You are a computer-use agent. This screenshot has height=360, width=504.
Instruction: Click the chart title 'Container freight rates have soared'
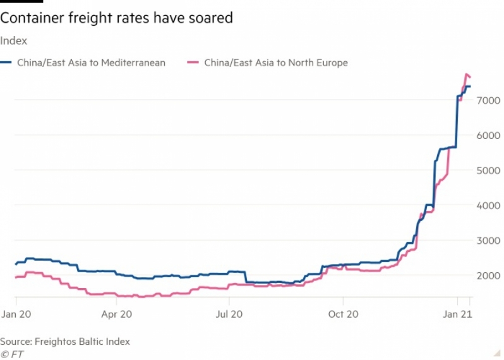coord(117,18)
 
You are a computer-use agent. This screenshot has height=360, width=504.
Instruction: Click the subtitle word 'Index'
coord(13,41)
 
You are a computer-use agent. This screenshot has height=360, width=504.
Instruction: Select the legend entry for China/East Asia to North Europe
coord(276,63)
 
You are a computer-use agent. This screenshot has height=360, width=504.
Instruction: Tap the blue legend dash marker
coord(6,63)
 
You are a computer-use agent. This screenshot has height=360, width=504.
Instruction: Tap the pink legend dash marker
coord(193,63)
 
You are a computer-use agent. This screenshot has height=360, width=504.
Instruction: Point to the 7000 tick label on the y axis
coord(489,100)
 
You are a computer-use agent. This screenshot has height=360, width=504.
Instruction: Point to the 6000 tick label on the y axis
coord(489,135)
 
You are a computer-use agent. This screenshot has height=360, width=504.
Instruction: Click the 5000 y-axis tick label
coord(489,170)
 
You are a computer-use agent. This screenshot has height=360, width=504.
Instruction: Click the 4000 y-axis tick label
coord(489,205)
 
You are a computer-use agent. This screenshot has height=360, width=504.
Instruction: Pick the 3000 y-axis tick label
coord(489,241)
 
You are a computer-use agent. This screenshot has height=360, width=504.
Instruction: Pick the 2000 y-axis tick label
coord(489,275)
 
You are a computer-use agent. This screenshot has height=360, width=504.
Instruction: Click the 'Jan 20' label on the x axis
coord(16,313)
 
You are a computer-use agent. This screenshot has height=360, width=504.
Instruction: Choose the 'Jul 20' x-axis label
coord(230,313)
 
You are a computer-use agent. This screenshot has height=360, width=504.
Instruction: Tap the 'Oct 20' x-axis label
coord(343,313)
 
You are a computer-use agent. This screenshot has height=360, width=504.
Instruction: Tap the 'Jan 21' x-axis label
coord(457,313)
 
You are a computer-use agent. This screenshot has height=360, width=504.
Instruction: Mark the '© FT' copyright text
coord(12,354)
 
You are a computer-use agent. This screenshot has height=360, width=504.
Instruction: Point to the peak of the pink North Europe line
coord(466,74)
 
